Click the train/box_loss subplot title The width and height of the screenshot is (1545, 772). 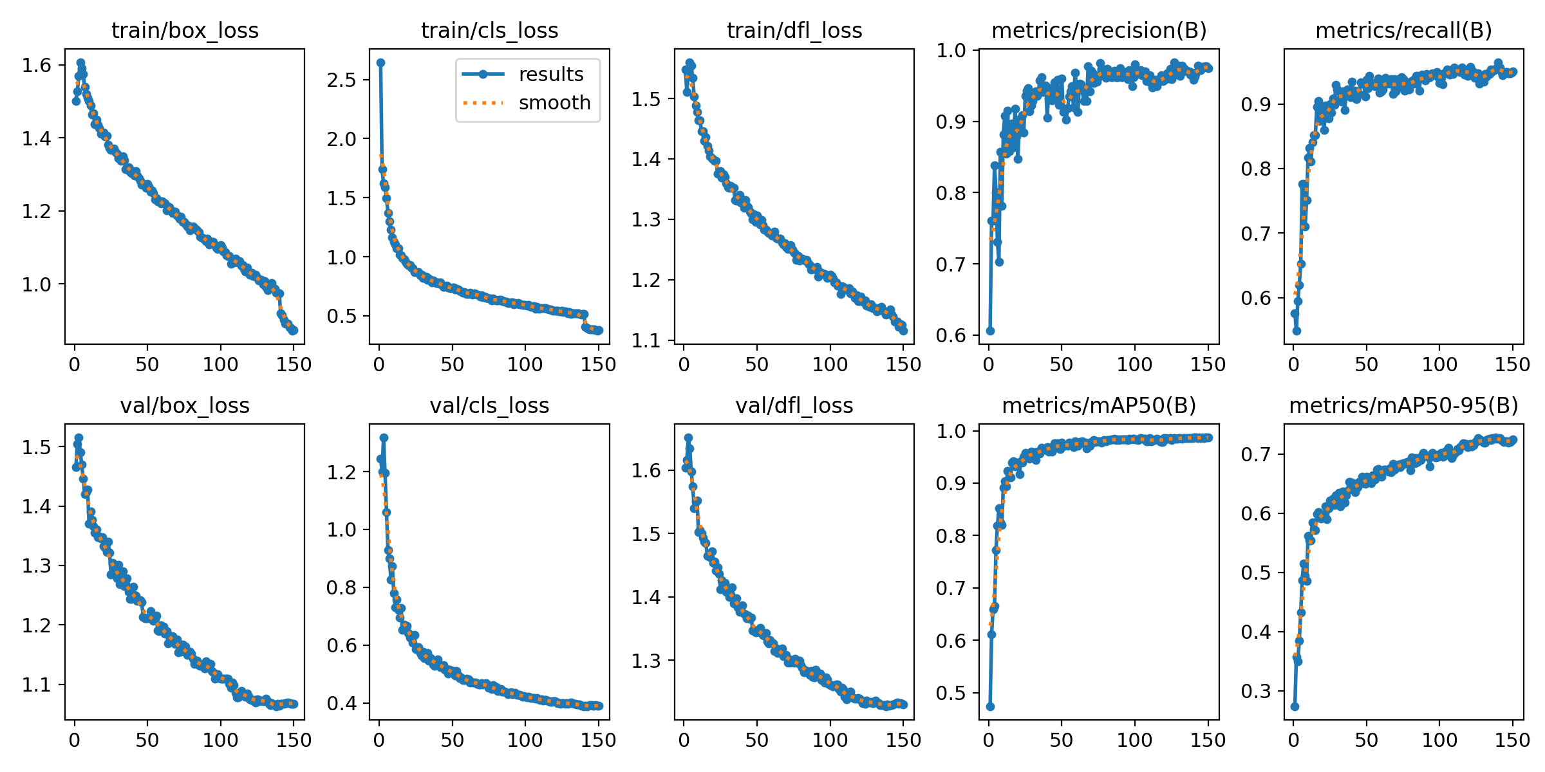tap(185, 30)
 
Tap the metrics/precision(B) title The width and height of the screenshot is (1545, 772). tap(1099, 30)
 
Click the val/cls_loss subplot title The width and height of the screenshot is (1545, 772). tap(489, 405)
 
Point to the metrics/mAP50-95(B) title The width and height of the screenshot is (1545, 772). tap(1403, 405)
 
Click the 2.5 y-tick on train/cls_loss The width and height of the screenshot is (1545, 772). tap(341, 80)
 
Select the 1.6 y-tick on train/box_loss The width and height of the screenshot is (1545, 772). tap(37, 65)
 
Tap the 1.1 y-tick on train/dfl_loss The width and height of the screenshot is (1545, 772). tap(646, 340)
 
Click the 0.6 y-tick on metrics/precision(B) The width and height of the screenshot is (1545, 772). tap(951, 335)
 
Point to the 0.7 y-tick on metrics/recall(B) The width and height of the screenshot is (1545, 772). tap(1256, 234)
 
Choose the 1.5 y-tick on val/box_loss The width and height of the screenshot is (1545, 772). tap(37, 447)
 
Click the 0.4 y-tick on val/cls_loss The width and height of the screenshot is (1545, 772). tap(341, 703)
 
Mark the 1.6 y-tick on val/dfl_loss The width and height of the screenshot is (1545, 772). tap(646, 470)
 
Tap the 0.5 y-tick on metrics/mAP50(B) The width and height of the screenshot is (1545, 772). tap(951, 693)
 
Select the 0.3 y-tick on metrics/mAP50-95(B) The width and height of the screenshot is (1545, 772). tap(1256, 691)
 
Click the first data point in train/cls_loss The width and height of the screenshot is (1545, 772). tap(380, 62)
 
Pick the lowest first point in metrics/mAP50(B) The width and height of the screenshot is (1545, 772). tap(990, 706)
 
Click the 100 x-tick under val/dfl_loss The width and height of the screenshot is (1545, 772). tap(830, 740)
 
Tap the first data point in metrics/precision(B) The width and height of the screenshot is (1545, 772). tap(990, 331)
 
